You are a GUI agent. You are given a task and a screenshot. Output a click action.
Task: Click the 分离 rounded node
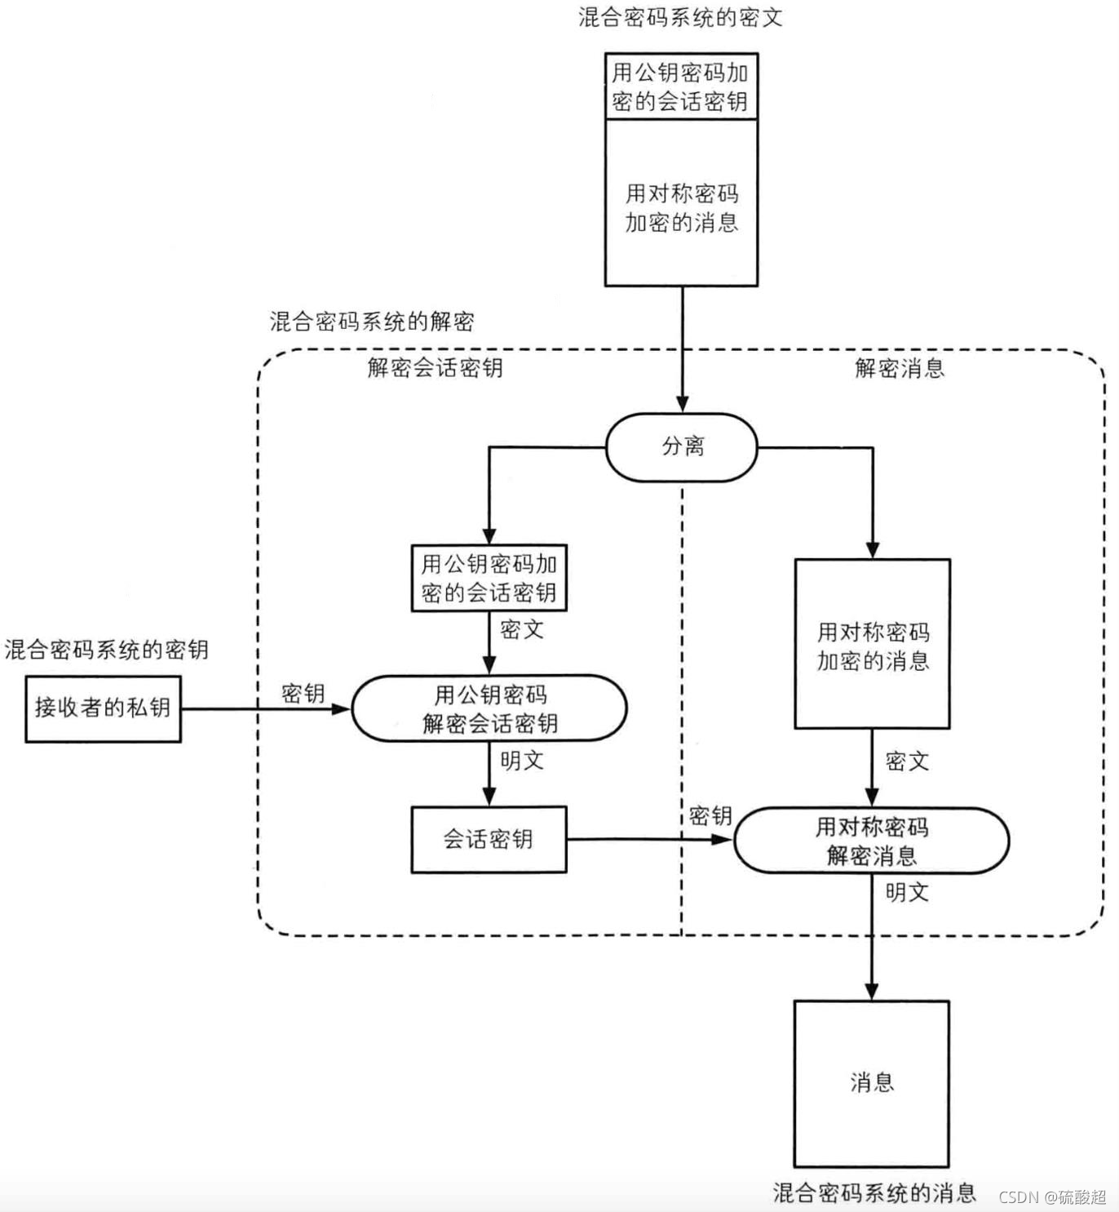[681, 447]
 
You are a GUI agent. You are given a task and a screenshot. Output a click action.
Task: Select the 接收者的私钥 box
[103, 708]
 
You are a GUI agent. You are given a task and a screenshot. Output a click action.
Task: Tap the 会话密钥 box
[489, 840]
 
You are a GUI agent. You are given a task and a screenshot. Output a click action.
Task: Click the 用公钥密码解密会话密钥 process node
[489, 708]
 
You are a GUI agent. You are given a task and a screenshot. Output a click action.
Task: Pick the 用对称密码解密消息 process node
[871, 841]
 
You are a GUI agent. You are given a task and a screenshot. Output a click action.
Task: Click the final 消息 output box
[871, 1083]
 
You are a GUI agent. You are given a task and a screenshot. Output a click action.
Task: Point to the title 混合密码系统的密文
[680, 17]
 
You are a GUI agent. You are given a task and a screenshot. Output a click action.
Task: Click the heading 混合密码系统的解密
[372, 322]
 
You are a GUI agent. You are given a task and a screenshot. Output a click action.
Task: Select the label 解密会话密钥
[435, 368]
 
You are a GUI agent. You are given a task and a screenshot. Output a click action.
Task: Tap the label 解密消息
[900, 368]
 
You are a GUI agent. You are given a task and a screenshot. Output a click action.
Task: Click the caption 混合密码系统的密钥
[106, 650]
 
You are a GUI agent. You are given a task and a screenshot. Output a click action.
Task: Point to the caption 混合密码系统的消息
[874, 1192]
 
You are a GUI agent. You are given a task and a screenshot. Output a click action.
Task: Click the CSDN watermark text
[1052, 1196]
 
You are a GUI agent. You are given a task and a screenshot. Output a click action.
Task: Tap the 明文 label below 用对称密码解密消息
[907, 892]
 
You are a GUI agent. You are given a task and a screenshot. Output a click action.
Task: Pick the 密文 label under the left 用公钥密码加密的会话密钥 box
[521, 629]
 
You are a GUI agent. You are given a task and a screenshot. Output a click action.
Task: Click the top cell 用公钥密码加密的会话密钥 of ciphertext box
[680, 87]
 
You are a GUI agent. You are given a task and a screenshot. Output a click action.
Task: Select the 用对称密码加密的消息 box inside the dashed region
[872, 644]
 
